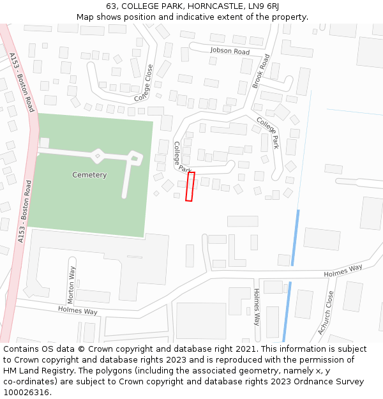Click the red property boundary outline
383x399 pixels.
click(190, 186)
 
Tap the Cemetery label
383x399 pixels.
click(89, 175)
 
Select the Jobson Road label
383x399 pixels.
click(229, 50)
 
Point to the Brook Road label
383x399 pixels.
click(260, 71)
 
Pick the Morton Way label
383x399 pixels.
click(71, 285)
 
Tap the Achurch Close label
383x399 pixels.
click(326, 313)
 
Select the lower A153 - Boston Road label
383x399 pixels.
click(24, 211)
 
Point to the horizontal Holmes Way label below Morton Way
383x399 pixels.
click(77, 311)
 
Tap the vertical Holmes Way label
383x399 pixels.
click(257, 307)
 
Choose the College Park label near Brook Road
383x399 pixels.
click(267, 133)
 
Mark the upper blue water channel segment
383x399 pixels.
click(295, 237)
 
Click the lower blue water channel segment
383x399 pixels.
click(287, 312)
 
